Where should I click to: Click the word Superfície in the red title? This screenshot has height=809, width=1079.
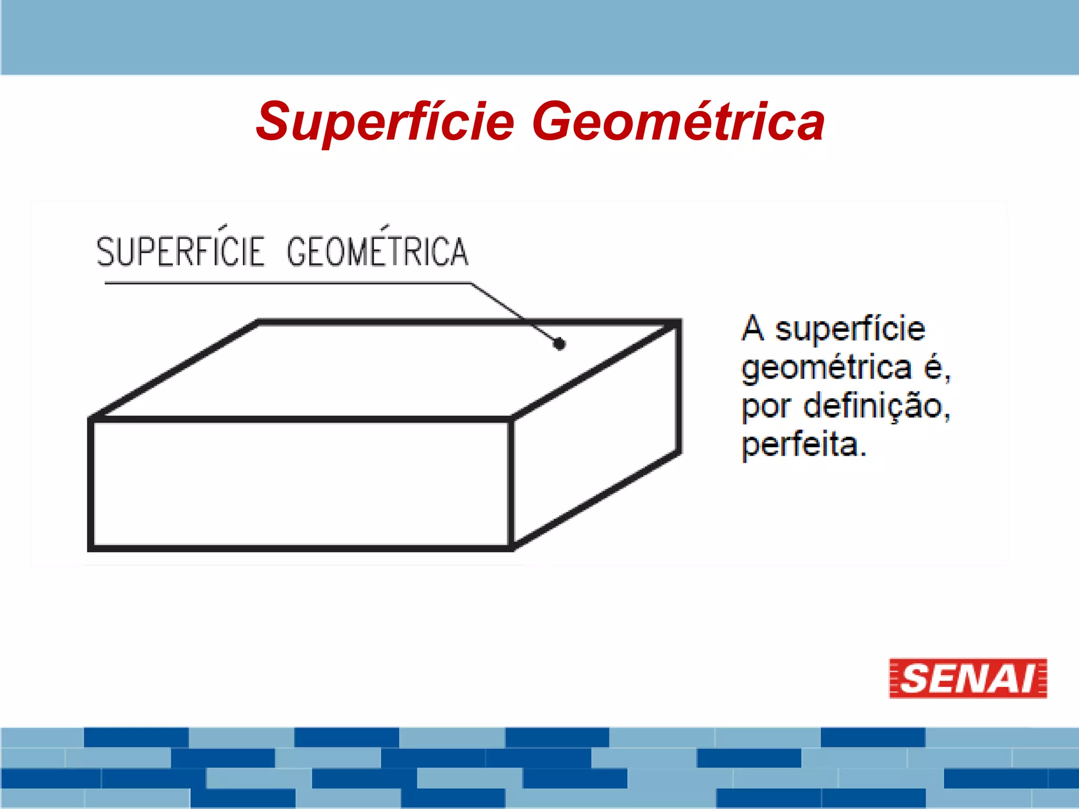point(385,122)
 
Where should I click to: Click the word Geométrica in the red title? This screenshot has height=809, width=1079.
point(678,122)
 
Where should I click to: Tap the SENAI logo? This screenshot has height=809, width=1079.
point(968,678)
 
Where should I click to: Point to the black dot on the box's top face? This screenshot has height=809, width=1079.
point(560,344)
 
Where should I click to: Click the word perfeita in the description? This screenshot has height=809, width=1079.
point(804,445)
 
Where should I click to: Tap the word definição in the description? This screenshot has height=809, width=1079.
point(877,406)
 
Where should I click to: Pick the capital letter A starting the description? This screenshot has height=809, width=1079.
point(753,328)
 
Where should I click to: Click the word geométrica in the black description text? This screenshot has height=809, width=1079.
point(826,368)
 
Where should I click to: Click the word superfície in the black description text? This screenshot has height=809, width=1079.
point(850,329)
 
